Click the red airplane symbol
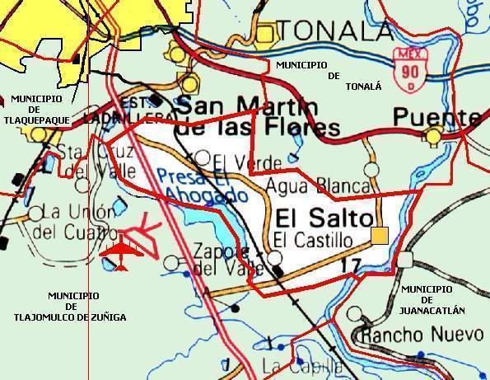pos(120,252)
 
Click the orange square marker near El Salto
pos(380,237)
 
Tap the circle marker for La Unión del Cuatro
pos(35,213)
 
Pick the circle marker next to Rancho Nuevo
pos(353,314)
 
